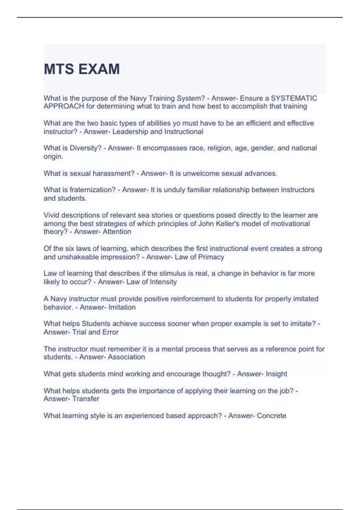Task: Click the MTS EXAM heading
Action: [82, 69]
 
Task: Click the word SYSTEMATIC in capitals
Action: [294, 98]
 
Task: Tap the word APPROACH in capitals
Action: [64, 106]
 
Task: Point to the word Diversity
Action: [85, 148]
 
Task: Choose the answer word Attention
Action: [117, 232]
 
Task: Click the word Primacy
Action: [211, 257]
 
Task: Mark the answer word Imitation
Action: [122, 307]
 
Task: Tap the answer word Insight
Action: [276, 374]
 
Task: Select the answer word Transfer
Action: [86, 399]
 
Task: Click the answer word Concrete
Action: [271, 416]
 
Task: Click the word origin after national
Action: [53, 157]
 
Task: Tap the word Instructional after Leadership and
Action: [184, 132]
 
